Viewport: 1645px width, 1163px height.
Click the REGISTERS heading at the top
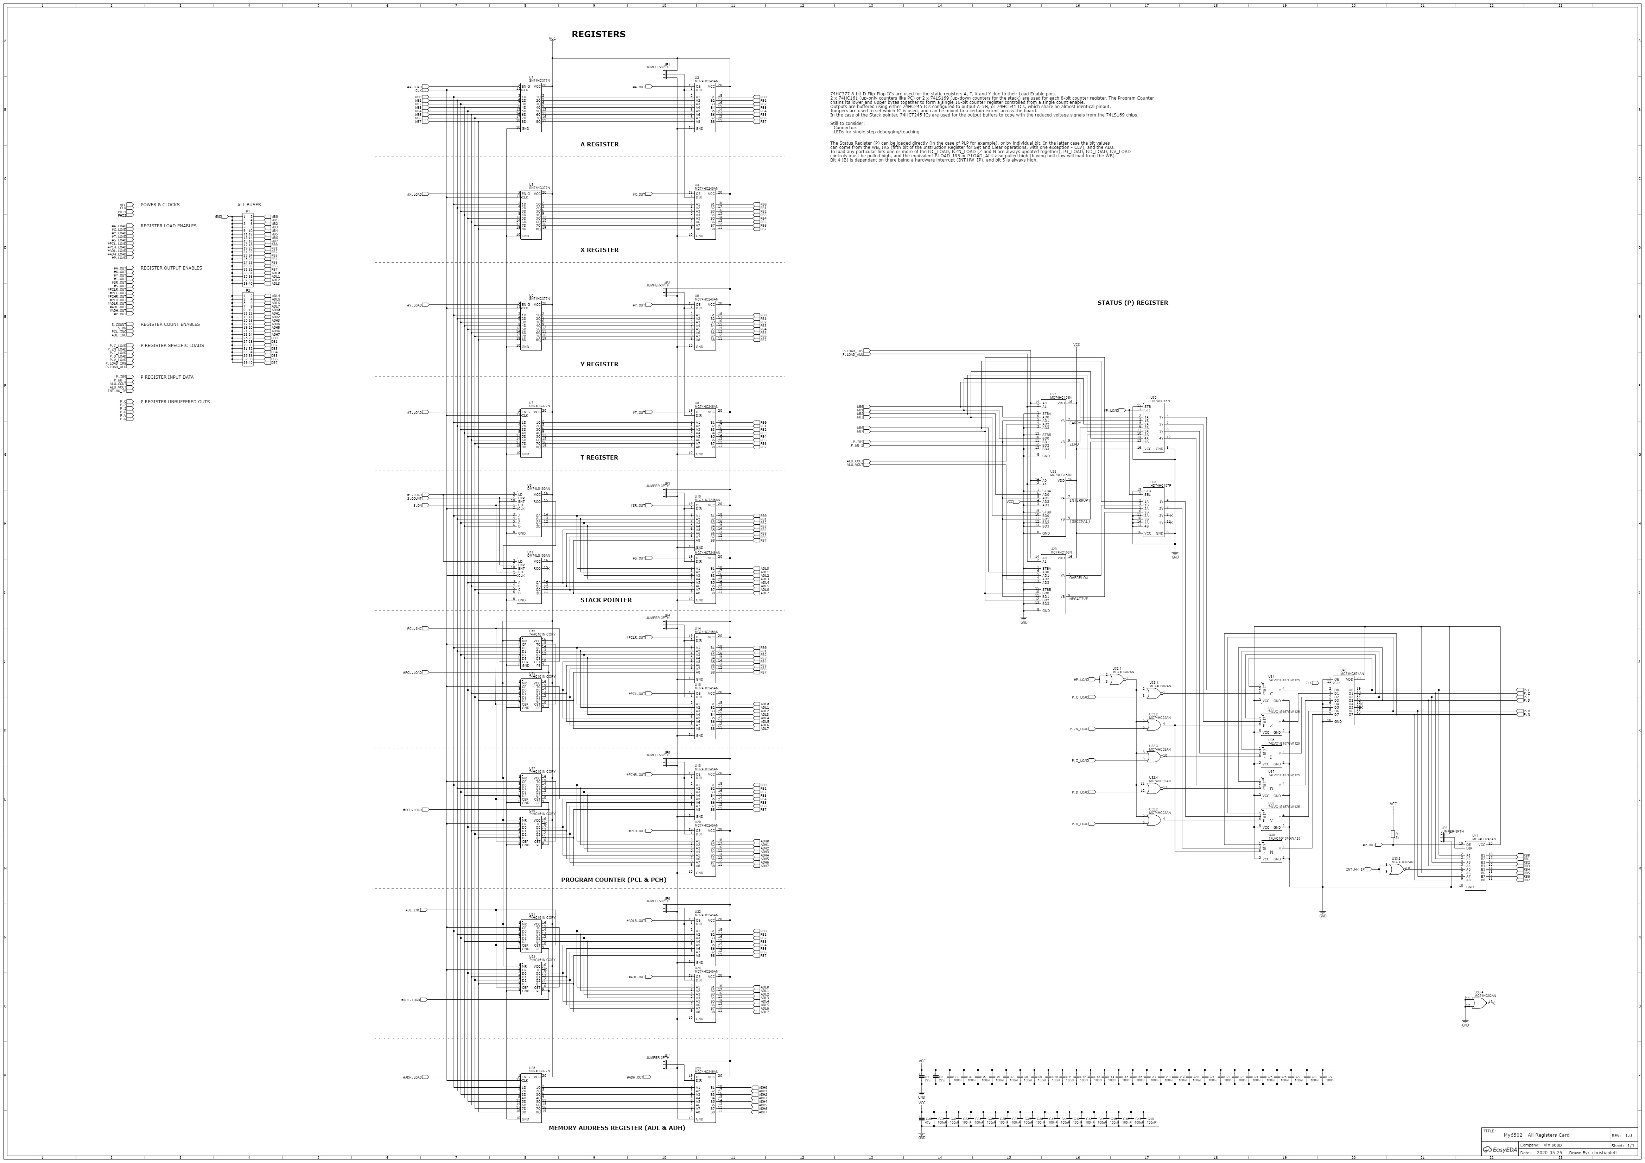pos(598,34)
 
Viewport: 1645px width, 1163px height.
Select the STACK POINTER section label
pos(606,600)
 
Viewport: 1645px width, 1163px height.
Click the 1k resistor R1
pos(1393,834)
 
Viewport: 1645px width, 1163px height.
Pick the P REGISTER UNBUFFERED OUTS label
pos(175,402)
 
